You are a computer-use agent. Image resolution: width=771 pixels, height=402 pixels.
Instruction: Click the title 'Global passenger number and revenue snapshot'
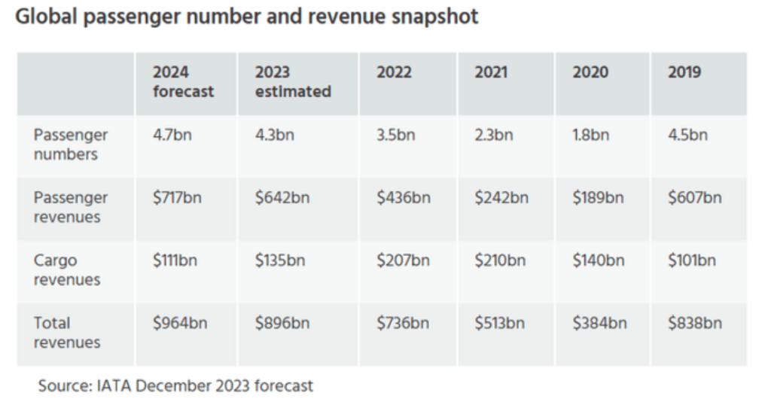tap(247, 17)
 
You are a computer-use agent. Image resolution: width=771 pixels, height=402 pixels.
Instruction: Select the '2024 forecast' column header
tap(183, 82)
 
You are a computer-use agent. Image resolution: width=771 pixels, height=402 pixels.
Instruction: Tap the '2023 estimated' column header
tap(293, 82)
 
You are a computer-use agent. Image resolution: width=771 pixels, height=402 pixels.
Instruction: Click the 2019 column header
tap(684, 73)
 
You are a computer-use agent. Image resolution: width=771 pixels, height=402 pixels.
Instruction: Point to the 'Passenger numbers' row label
tap(71, 145)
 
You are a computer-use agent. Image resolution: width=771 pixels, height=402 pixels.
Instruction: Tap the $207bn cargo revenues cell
tap(403, 261)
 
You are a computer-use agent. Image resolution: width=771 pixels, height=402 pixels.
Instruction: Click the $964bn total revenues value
tap(179, 324)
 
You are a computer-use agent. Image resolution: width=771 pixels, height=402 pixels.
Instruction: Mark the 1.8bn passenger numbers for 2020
tap(590, 136)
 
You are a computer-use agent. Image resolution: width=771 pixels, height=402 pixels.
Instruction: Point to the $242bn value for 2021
tap(501, 198)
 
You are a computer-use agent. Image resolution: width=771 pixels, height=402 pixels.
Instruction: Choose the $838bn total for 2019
tap(694, 324)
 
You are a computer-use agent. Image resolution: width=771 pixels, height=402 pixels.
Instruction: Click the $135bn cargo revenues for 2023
tap(279, 261)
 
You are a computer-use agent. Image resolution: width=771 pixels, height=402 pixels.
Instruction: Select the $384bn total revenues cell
tap(599, 324)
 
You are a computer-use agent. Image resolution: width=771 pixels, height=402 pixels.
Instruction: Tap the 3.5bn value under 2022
tap(396, 136)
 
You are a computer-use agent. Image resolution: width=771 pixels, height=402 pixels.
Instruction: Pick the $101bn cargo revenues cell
tap(691, 261)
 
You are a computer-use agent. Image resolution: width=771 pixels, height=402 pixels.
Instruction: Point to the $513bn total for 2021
tap(499, 324)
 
